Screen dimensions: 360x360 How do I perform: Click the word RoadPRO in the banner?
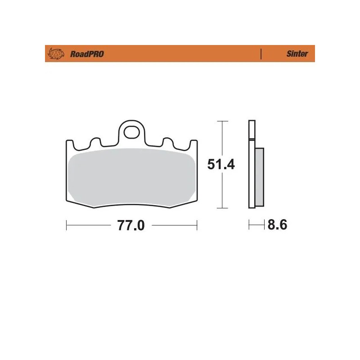point(87,54)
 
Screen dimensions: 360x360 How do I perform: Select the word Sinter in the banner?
point(297,54)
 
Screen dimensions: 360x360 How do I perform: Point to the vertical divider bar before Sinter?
point(261,54)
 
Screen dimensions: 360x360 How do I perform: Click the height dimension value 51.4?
point(221,165)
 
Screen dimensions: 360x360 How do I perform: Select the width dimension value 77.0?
point(131,225)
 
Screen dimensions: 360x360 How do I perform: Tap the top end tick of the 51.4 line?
point(220,121)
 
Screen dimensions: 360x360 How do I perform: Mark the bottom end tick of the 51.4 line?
point(220,208)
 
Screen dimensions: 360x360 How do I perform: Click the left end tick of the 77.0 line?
point(67,224)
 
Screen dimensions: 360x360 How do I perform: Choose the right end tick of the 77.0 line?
point(197,224)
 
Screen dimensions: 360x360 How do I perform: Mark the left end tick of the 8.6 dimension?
point(249,224)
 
